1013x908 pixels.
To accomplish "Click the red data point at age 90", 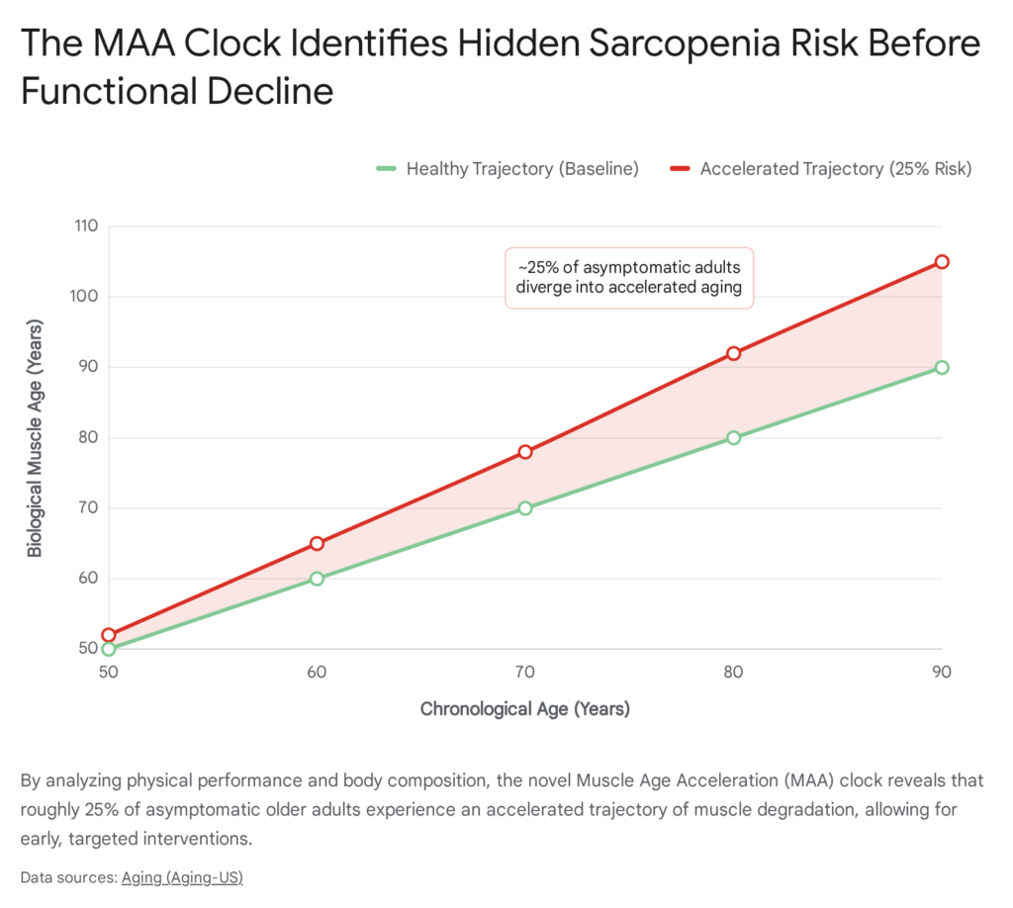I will [x=942, y=262].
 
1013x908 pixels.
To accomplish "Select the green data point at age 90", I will [x=942, y=367].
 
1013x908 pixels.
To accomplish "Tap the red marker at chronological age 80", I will [x=733, y=353].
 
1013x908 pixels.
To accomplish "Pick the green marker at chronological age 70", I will [x=525, y=508].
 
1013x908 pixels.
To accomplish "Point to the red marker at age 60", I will [x=317, y=543].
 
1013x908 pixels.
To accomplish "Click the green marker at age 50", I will [x=109, y=649].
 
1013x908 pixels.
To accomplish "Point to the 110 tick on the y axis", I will [x=85, y=227].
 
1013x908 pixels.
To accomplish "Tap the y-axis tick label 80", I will [x=89, y=437].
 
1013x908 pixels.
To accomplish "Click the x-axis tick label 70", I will [x=525, y=673].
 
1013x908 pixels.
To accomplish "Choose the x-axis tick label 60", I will [x=317, y=673].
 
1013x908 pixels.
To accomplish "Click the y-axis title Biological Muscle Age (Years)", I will [x=35, y=437].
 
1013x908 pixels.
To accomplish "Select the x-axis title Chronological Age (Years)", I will [x=524, y=708].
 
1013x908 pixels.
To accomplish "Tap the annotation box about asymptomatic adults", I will [x=629, y=278].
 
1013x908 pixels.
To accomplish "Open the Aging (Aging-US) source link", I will [x=182, y=877].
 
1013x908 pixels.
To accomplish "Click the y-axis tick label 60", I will [x=89, y=579].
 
